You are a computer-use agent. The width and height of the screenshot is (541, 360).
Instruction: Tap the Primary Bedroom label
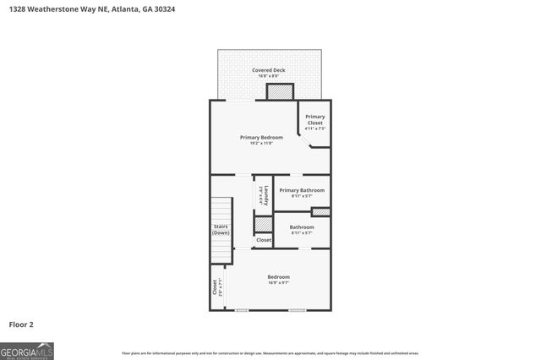[261, 137]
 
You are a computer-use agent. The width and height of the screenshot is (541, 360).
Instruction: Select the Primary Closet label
[314, 120]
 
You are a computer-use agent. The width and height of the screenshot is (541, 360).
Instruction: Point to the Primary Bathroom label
[302, 190]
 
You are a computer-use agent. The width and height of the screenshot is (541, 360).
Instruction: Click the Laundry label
[265, 195]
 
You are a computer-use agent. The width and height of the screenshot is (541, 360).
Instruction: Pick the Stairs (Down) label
[221, 229]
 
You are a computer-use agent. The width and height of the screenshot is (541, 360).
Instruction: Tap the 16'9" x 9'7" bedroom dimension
[278, 283]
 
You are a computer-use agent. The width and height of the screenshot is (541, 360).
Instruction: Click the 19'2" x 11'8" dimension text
[261, 144]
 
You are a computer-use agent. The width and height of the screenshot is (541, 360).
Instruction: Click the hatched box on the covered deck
[280, 91]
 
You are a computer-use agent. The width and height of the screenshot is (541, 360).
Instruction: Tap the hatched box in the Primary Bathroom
[320, 211]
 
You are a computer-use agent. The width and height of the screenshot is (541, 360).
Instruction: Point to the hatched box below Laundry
[264, 224]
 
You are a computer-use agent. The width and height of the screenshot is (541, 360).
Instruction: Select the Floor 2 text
[21, 324]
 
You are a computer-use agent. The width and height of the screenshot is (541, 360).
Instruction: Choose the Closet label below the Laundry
[264, 240]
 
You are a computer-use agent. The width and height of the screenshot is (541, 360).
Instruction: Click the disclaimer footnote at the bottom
[270, 353]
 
